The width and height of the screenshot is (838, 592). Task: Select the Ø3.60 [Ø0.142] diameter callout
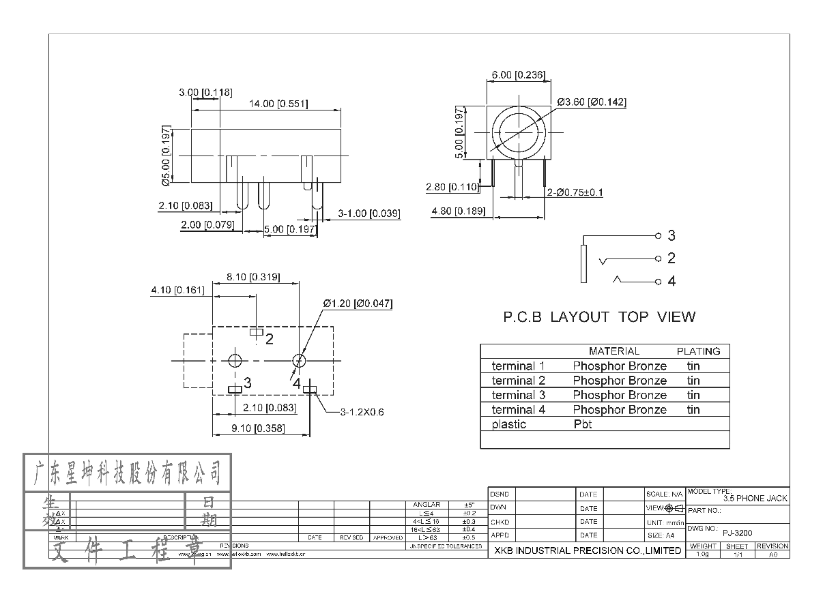[x=592, y=102]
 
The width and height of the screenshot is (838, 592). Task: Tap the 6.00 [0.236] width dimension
[x=518, y=75]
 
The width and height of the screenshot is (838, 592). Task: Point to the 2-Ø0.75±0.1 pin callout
[x=575, y=192]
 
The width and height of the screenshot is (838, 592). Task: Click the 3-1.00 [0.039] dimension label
[x=369, y=214]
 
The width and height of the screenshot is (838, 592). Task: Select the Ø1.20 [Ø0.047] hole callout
[x=358, y=304]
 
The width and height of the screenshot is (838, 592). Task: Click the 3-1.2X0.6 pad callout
[x=362, y=412]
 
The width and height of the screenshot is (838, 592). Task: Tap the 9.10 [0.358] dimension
[x=257, y=428]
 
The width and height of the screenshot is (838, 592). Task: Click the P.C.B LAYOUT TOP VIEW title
[x=599, y=317]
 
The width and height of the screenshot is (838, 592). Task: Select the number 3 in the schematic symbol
[x=671, y=236]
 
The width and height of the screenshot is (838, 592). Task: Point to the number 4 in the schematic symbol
[x=671, y=281]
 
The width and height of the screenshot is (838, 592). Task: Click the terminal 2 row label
[x=519, y=381]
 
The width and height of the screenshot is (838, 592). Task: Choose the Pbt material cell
[x=582, y=424]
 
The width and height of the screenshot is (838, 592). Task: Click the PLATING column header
[x=698, y=351]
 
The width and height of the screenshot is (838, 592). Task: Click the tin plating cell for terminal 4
[x=693, y=410]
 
